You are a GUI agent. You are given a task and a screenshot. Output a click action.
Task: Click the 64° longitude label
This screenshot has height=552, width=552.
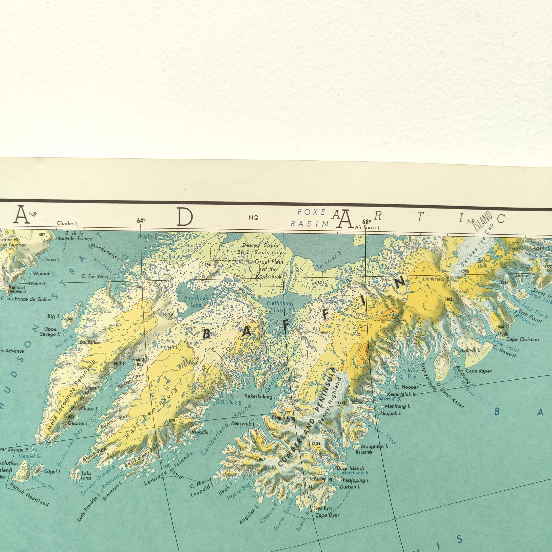coord(141,221)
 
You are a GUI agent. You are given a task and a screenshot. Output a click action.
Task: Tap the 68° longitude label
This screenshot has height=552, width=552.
coord(367,222)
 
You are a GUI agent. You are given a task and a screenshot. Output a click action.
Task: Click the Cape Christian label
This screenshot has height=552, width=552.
coord(522,339)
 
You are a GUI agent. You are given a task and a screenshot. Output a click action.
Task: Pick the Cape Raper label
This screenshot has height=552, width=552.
coord(479,371)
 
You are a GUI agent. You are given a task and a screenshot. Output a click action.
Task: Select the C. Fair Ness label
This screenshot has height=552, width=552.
coord(95,277)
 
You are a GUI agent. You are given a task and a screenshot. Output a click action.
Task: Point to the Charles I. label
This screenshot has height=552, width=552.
coord(67,223)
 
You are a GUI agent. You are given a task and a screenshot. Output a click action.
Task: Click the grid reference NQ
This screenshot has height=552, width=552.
coord(253,218)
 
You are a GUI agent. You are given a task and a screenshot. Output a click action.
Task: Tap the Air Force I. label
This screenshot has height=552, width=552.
coord(367,228)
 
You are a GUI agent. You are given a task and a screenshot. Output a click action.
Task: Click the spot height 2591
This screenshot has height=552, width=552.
coord(342,402)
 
